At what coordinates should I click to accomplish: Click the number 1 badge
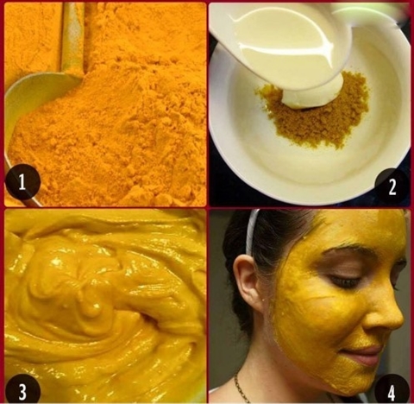[22, 181]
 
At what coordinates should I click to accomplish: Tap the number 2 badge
[392, 186]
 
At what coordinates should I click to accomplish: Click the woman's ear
[248, 282]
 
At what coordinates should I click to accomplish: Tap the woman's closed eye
[345, 281]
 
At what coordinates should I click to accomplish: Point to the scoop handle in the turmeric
[72, 37]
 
